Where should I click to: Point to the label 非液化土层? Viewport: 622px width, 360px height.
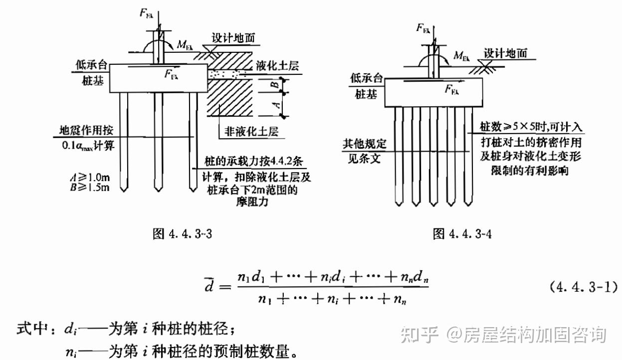tap(251, 132)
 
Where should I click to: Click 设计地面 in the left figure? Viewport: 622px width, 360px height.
tap(234, 39)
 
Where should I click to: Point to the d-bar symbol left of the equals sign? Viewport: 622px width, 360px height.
tap(209, 288)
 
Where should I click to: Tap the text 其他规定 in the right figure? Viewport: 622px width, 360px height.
tap(364, 145)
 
